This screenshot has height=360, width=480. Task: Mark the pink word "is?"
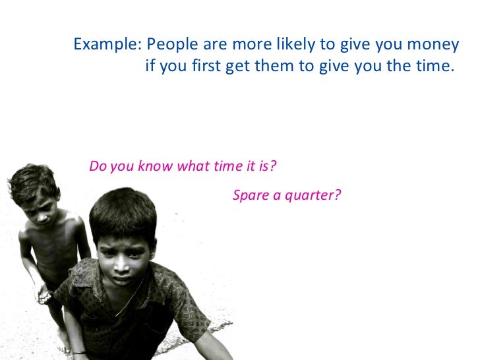tap(267, 165)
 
